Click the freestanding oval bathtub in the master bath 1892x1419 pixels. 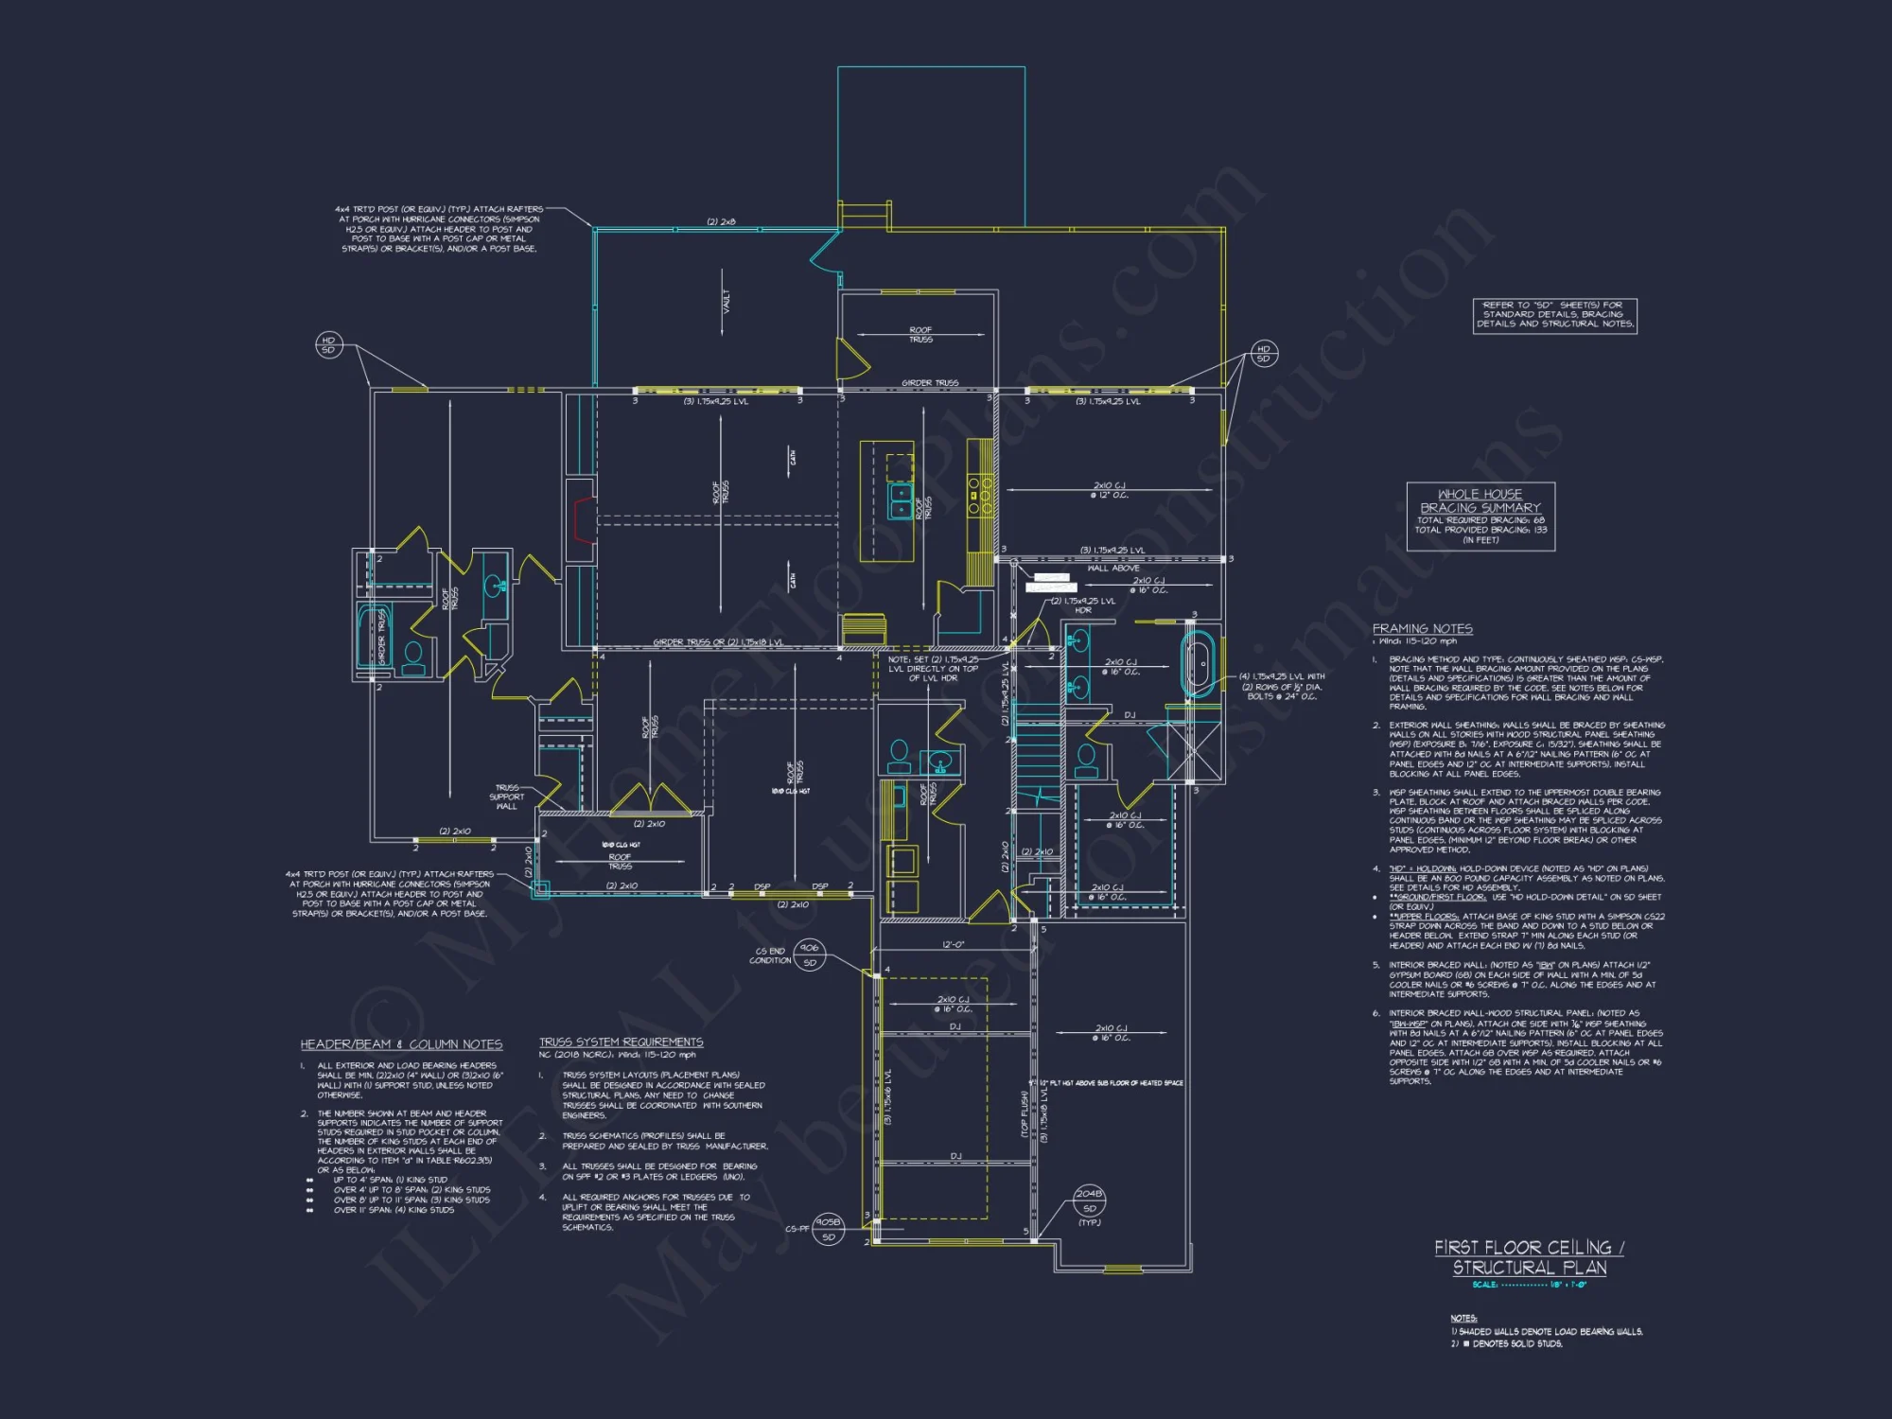(1198, 665)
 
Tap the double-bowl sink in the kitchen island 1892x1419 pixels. (901, 501)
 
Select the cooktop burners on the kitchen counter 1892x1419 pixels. (980, 494)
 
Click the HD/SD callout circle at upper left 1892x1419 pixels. (328, 345)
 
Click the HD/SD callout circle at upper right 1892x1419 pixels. (1263, 354)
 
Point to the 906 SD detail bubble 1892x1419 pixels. (810, 955)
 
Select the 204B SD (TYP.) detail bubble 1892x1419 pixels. (1089, 1201)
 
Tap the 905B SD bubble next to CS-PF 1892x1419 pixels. (828, 1229)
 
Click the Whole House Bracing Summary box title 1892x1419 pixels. (1480, 500)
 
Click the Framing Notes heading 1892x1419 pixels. (1422, 629)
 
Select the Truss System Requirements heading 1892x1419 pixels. (621, 1042)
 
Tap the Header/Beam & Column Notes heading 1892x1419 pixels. (401, 1044)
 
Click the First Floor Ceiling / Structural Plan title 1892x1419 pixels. (1529, 1257)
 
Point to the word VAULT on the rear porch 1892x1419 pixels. (727, 302)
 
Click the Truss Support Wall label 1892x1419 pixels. (507, 797)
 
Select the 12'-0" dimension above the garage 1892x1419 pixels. (953, 945)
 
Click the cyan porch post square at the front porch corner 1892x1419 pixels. (541, 889)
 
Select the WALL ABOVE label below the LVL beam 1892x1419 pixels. (1112, 569)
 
